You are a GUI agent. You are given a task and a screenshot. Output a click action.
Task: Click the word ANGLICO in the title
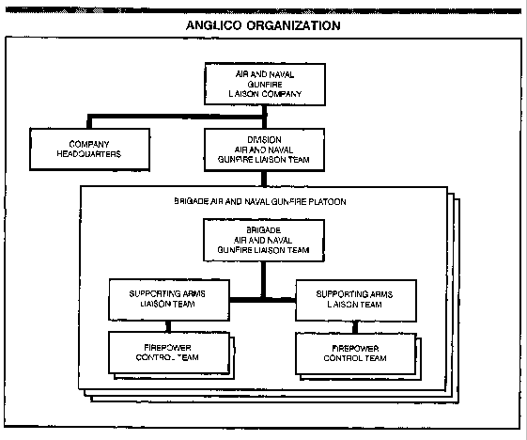213,25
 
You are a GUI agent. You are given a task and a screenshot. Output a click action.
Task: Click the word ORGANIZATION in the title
293,25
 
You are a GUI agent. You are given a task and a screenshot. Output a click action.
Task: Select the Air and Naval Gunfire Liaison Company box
265,84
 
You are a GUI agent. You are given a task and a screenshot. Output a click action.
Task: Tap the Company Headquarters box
89,149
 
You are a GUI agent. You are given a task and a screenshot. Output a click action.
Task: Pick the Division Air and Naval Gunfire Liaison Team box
264,149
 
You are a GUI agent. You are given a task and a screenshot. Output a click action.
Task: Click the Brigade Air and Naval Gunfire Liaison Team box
263,240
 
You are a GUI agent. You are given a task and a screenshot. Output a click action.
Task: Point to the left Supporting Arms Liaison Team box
169,299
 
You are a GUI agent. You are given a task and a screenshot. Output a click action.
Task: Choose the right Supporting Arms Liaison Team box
356,300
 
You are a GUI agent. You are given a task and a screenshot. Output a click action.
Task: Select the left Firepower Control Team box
169,353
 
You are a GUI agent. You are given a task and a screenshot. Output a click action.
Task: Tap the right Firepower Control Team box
356,354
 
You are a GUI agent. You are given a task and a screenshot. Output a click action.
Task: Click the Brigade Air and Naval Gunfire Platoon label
260,202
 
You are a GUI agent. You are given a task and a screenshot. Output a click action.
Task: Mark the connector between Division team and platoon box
264,179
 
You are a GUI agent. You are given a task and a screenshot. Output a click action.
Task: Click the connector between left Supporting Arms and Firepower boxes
168,326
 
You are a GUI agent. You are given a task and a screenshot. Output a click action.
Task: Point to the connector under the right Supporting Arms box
355,327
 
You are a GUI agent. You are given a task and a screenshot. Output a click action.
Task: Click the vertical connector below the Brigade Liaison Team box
263,279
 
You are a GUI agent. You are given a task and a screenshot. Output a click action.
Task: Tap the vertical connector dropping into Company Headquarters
89,122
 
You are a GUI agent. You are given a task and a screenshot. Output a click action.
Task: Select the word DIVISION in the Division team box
264,139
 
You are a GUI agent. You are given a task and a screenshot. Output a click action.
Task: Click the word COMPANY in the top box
281,94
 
